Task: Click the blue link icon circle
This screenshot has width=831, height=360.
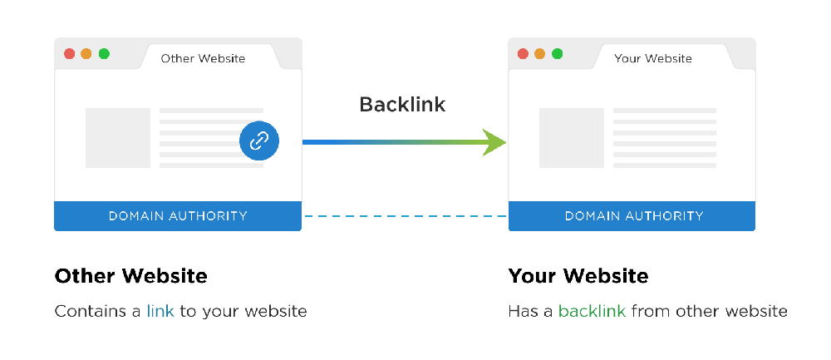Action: tap(259, 141)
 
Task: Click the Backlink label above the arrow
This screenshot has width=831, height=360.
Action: tap(402, 105)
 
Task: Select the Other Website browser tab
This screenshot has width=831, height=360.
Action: tap(203, 58)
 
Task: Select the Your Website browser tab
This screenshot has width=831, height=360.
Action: tap(652, 58)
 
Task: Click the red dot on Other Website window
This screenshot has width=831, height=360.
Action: tap(69, 54)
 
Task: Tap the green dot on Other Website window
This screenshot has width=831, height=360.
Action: tap(104, 54)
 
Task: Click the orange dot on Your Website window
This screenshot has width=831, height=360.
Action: tap(540, 54)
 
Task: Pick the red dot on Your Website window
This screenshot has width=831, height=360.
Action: tap(523, 54)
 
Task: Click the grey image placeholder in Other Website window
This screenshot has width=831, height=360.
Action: tap(118, 138)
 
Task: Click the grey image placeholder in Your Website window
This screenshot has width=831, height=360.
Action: tap(571, 138)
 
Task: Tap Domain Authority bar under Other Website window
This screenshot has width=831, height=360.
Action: tap(178, 216)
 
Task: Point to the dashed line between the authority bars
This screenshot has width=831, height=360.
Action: tap(405, 216)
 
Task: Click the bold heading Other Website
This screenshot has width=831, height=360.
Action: tap(130, 276)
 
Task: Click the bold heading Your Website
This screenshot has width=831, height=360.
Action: tap(578, 276)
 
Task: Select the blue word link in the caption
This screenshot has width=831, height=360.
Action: tap(160, 312)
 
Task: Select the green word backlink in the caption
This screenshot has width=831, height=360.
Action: tap(592, 312)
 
